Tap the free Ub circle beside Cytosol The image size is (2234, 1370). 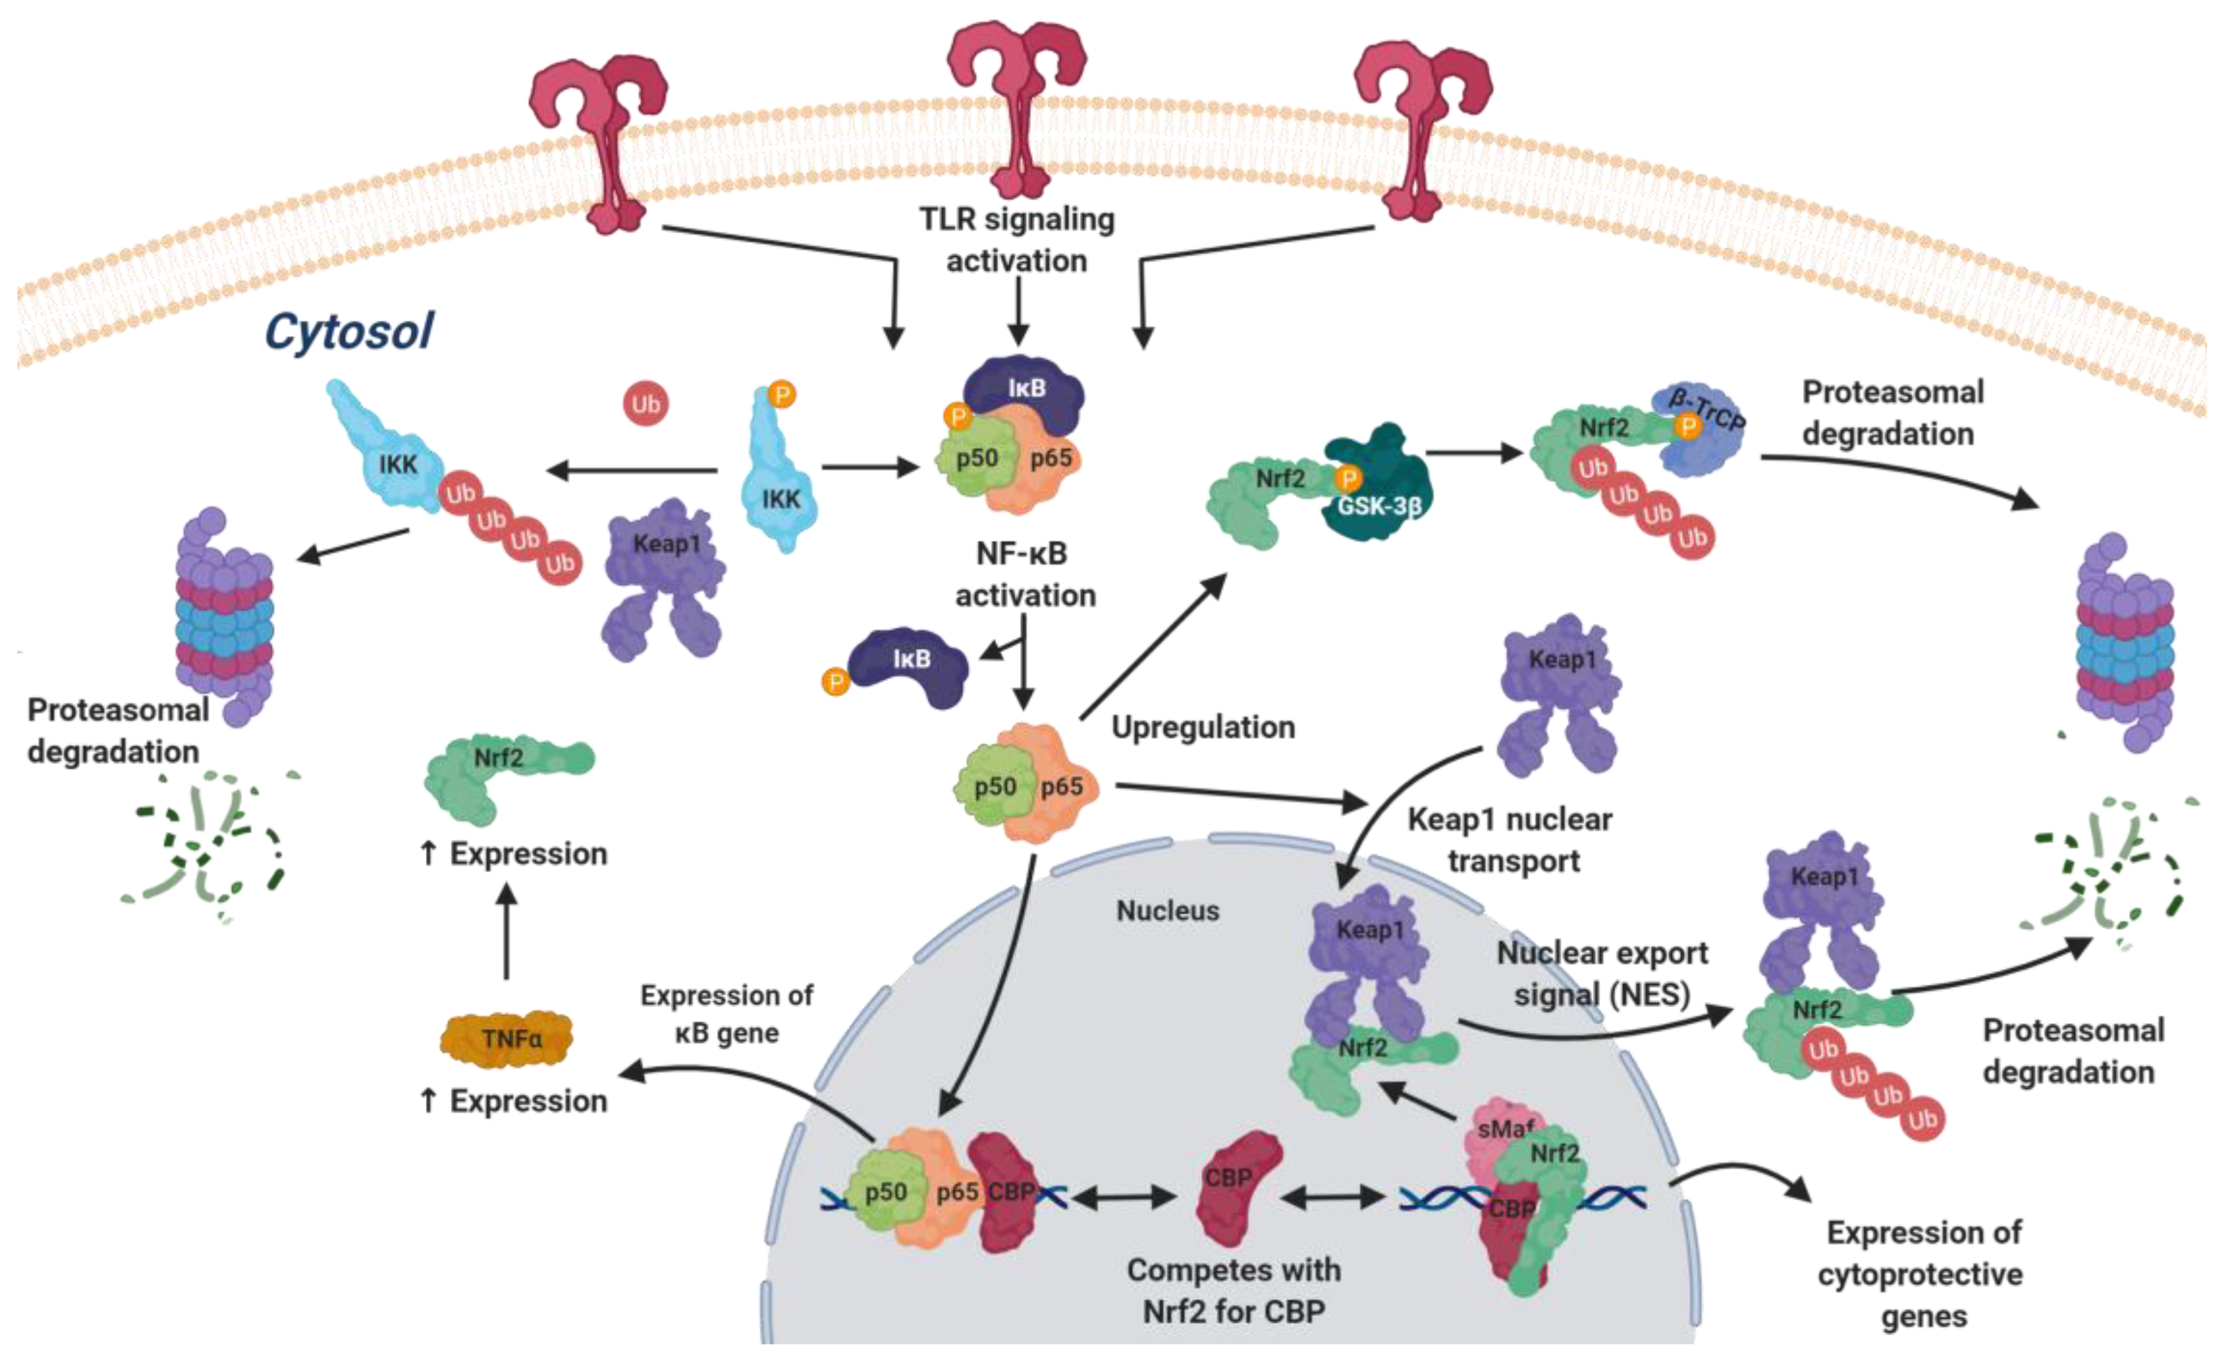pyautogui.click(x=646, y=403)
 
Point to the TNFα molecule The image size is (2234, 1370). pyautogui.click(x=507, y=1038)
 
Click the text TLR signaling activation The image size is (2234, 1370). pyautogui.click(x=1017, y=240)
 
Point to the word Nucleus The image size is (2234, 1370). pyautogui.click(x=1168, y=910)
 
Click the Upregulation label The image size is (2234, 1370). pyautogui.click(x=1203, y=727)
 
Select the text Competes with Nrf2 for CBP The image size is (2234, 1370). pyautogui.click(x=1234, y=1290)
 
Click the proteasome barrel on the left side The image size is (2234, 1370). pyautogui.click(x=225, y=617)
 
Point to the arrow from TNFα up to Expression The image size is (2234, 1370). pyautogui.click(x=507, y=934)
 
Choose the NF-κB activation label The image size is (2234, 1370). pyautogui.click(x=1025, y=574)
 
